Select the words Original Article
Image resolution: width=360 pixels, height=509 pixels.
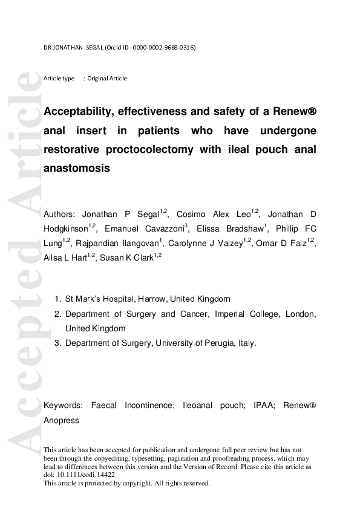coord(107,79)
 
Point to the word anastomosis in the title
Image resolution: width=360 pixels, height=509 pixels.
coord(77,168)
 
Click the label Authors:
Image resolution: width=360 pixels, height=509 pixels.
coord(59,215)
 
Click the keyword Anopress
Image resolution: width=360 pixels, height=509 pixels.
coord(61,420)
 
